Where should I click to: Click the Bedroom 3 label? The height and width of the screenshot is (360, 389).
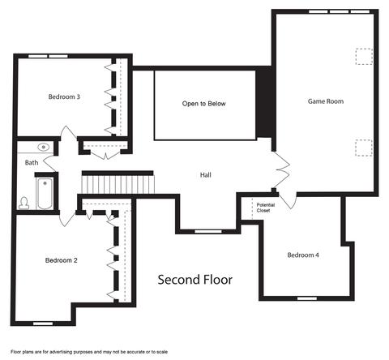64,96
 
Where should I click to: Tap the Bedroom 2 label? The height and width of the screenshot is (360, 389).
62,260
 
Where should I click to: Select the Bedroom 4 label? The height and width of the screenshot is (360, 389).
303,255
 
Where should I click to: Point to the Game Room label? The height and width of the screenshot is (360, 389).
326,101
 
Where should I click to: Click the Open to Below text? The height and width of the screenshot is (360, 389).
203,104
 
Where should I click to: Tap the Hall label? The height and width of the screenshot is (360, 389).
206,175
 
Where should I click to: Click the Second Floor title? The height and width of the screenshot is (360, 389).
195,280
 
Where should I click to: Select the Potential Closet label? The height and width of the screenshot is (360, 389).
266,208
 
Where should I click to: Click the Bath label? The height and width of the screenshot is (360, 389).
32,162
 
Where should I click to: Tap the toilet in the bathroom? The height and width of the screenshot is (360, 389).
24,204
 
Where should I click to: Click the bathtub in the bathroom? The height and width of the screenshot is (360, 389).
45,194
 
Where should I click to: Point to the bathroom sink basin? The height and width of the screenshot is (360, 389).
44,148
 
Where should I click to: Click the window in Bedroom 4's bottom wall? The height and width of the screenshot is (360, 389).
307,298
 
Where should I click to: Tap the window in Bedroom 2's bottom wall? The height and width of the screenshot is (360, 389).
43,324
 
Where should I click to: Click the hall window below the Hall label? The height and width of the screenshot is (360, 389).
208,232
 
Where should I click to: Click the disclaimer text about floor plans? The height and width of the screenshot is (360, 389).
89,352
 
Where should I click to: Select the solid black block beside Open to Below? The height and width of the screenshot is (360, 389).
266,103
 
